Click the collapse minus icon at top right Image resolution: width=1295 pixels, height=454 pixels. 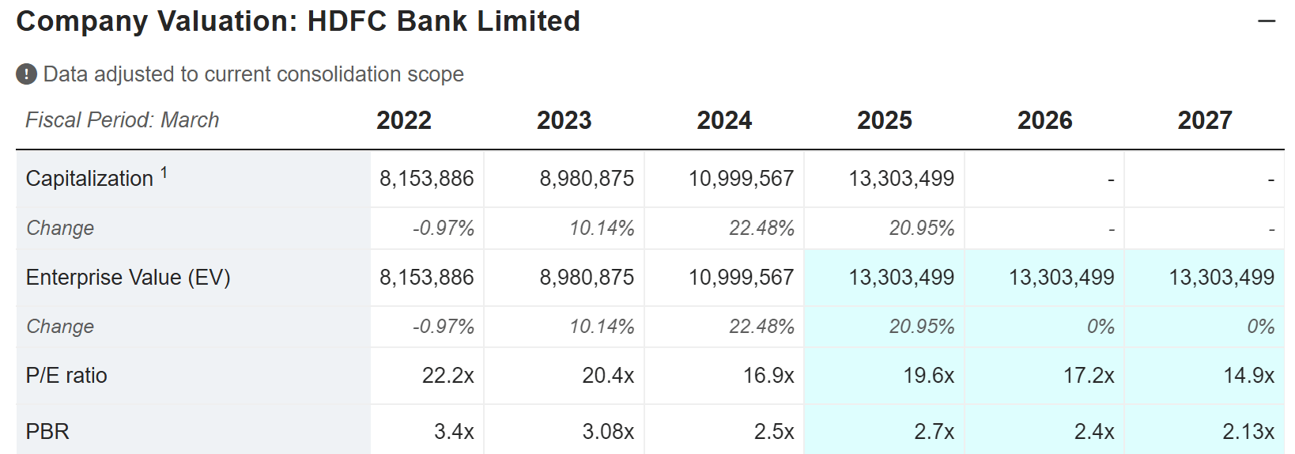click(1267, 21)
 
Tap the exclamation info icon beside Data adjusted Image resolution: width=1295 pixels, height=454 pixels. click(26, 74)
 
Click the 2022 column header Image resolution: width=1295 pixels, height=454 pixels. click(404, 120)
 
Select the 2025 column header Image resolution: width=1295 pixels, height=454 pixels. click(884, 120)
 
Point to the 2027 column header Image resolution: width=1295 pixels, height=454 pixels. click(1204, 120)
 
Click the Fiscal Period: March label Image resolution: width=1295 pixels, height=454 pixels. click(123, 120)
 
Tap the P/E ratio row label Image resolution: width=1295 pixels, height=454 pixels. click(66, 376)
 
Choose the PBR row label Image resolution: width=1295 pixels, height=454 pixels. click(47, 432)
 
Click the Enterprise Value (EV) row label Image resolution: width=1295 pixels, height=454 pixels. click(128, 278)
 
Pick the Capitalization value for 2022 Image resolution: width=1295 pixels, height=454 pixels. click(426, 179)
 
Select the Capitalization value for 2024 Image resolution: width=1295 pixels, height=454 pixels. click(741, 179)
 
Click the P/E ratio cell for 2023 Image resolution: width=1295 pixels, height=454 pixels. click(608, 376)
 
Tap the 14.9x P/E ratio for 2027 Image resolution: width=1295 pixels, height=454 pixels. click(1248, 376)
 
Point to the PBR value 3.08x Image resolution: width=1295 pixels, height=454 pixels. click(608, 432)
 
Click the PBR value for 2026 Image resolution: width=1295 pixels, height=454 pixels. click(1094, 432)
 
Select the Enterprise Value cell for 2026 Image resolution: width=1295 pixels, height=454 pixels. click(1061, 278)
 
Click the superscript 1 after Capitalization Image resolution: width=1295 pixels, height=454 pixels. click(164, 172)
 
